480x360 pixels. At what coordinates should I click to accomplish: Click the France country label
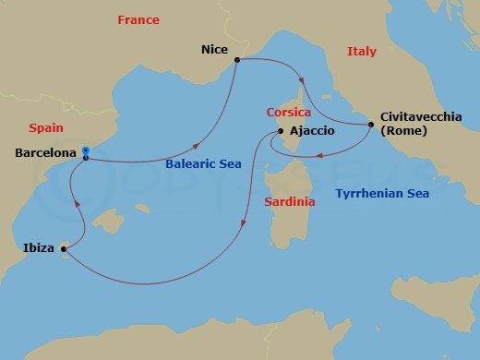(138, 20)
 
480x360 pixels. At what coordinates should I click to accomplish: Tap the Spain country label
(46, 127)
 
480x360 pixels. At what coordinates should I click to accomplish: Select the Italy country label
(361, 52)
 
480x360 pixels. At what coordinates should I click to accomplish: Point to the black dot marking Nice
(237, 61)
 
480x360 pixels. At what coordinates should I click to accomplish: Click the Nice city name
(214, 53)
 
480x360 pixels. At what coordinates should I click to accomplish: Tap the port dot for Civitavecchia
(371, 124)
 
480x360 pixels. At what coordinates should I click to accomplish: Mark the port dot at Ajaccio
(279, 131)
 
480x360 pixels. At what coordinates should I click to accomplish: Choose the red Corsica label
(288, 111)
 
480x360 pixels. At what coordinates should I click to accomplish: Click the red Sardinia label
(290, 201)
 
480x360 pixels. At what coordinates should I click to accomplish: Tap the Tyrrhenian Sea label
(383, 193)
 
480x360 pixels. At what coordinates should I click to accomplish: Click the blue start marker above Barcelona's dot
(85, 150)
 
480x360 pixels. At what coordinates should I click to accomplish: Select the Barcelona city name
(44, 154)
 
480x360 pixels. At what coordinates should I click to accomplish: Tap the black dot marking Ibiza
(64, 247)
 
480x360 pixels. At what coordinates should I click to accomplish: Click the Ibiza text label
(38, 247)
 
